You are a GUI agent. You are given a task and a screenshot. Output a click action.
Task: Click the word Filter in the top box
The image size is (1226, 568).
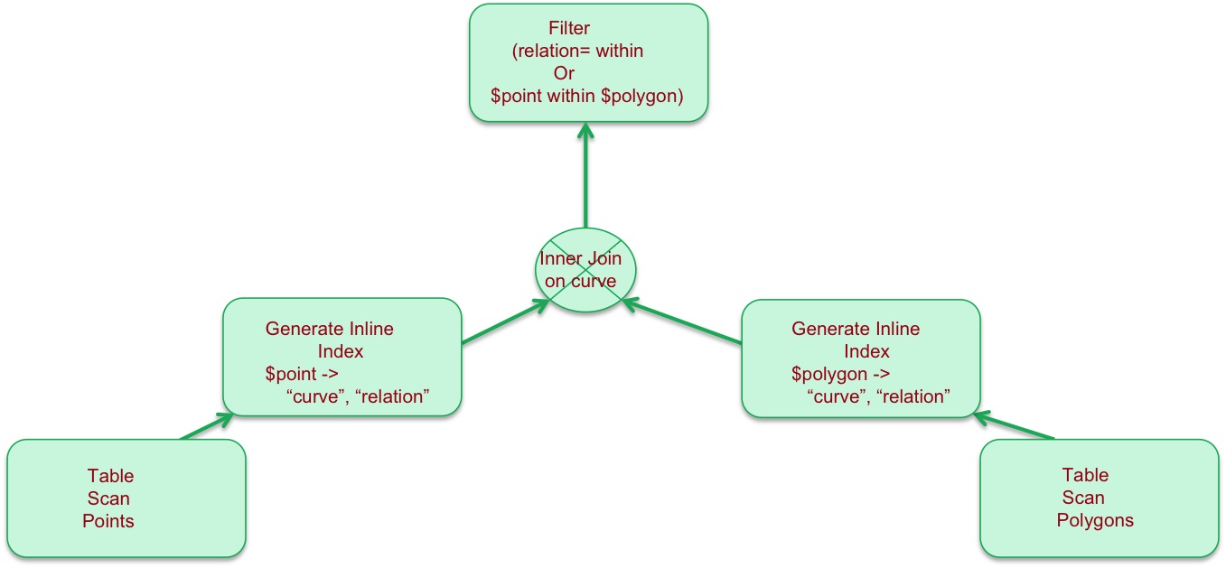pyautogui.click(x=569, y=28)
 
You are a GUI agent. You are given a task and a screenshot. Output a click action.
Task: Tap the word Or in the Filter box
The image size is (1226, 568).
pyautogui.click(x=564, y=73)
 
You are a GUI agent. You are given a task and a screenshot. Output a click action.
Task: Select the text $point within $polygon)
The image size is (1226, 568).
pyautogui.click(x=586, y=96)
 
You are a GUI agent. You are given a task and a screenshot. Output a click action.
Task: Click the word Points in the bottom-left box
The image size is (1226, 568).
pyautogui.click(x=108, y=521)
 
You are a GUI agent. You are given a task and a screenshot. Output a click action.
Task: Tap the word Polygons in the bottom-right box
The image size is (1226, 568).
pyautogui.click(x=1095, y=520)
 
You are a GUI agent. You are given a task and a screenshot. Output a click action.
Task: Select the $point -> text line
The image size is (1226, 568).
pyautogui.click(x=301, y=374)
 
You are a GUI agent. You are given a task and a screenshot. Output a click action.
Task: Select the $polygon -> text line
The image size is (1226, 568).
pyautogui.click(x=840, y=374)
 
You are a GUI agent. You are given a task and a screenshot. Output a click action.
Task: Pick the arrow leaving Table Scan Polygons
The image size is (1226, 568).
pyautogui.click(x=1015, y=427)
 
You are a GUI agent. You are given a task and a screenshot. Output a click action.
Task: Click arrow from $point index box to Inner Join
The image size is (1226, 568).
pyautogui.click(x=506, y=322)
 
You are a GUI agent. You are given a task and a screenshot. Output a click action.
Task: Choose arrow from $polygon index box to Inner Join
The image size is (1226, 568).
pyautogui.click(x=683, y=322)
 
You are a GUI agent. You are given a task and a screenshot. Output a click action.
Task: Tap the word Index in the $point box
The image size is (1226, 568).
pyautogui.click(x=341, y=351)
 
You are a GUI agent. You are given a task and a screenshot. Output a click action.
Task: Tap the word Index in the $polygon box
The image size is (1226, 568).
pyautogui.click(x=867, y=351)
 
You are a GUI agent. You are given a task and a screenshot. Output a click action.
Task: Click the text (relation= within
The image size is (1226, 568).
pyautogui.click(x=577, y=51)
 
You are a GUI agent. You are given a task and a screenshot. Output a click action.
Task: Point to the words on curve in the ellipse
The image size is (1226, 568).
pyautogui.click(x=580, y=281)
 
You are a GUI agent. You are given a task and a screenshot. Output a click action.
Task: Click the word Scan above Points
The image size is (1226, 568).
pyautogui.click(x=108, y=498)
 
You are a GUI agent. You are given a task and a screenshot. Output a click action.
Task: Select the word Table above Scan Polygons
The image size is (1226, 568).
pyautogui.click(x=1085, y=475)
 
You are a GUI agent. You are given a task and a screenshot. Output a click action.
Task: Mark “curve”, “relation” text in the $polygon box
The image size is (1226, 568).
pyautogui.click(x=878, y=396)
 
